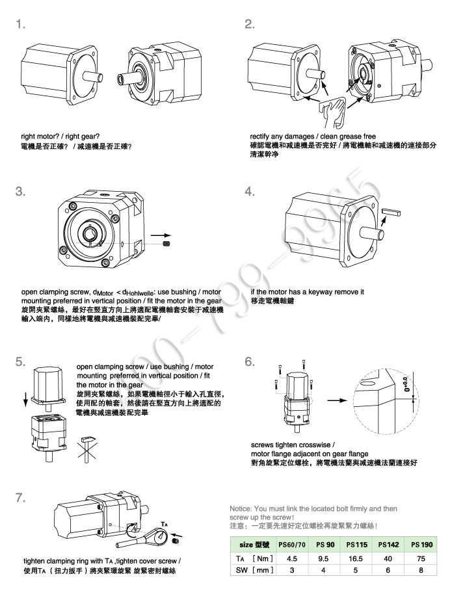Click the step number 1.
[x=21, y=25]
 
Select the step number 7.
[x=21, y=498]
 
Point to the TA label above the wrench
[x=165, y=522]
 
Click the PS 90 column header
[x=325, y=543]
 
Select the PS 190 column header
[x=420, y=543]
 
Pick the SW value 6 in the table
[x=390, y=570]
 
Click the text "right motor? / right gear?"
[x=61, y=136]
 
